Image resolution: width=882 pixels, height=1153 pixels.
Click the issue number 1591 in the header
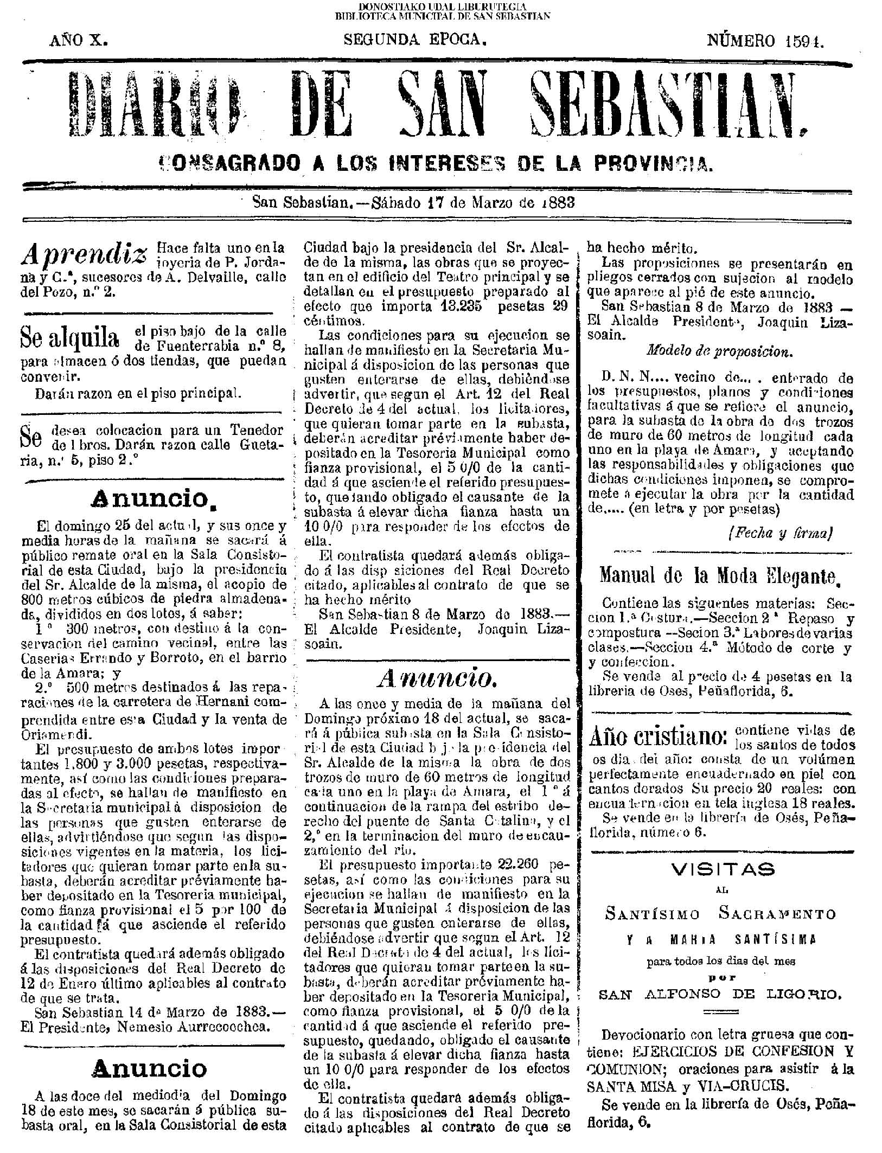click(804, 41)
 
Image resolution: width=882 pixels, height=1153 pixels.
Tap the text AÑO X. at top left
click(79, 41)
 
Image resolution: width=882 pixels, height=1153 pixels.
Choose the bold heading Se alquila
click(69, 338)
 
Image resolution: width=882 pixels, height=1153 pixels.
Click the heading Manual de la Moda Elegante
click(720, 576)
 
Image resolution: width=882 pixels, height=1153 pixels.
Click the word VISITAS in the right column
click(723, 869)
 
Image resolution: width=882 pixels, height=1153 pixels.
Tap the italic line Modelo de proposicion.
click(720, 351)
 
